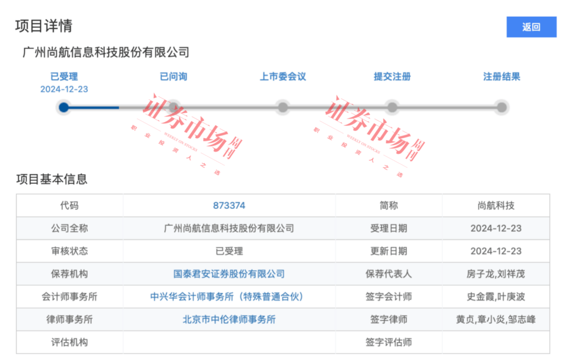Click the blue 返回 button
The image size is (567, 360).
tap(531, 27)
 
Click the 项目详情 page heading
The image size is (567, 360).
tap(44, 26)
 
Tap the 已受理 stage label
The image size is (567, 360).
tap(64, 77)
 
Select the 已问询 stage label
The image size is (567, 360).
tap(174, 77)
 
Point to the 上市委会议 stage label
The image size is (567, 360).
tap(283, 77)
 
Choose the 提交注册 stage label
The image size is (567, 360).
tap(392, 77)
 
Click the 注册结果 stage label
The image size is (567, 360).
tap(501, 77)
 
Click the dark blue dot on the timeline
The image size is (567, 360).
tap(64, 108)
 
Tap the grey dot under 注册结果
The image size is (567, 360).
tap(501, 108)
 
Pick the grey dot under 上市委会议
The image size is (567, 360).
tap(283, 108)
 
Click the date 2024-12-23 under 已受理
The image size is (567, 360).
tap(64, 89)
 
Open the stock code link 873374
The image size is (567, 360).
tap(229, 206)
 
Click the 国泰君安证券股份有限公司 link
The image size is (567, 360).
tap(229, 274)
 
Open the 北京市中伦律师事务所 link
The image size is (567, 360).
tap(229, 320)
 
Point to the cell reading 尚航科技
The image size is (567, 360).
tap(496, 206)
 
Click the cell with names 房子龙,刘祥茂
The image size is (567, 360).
tap(496, 274)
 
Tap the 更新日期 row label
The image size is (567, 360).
tap(388, 251)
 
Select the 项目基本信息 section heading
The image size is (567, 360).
tap(51, 179)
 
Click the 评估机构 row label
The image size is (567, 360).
tap(69, 342)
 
